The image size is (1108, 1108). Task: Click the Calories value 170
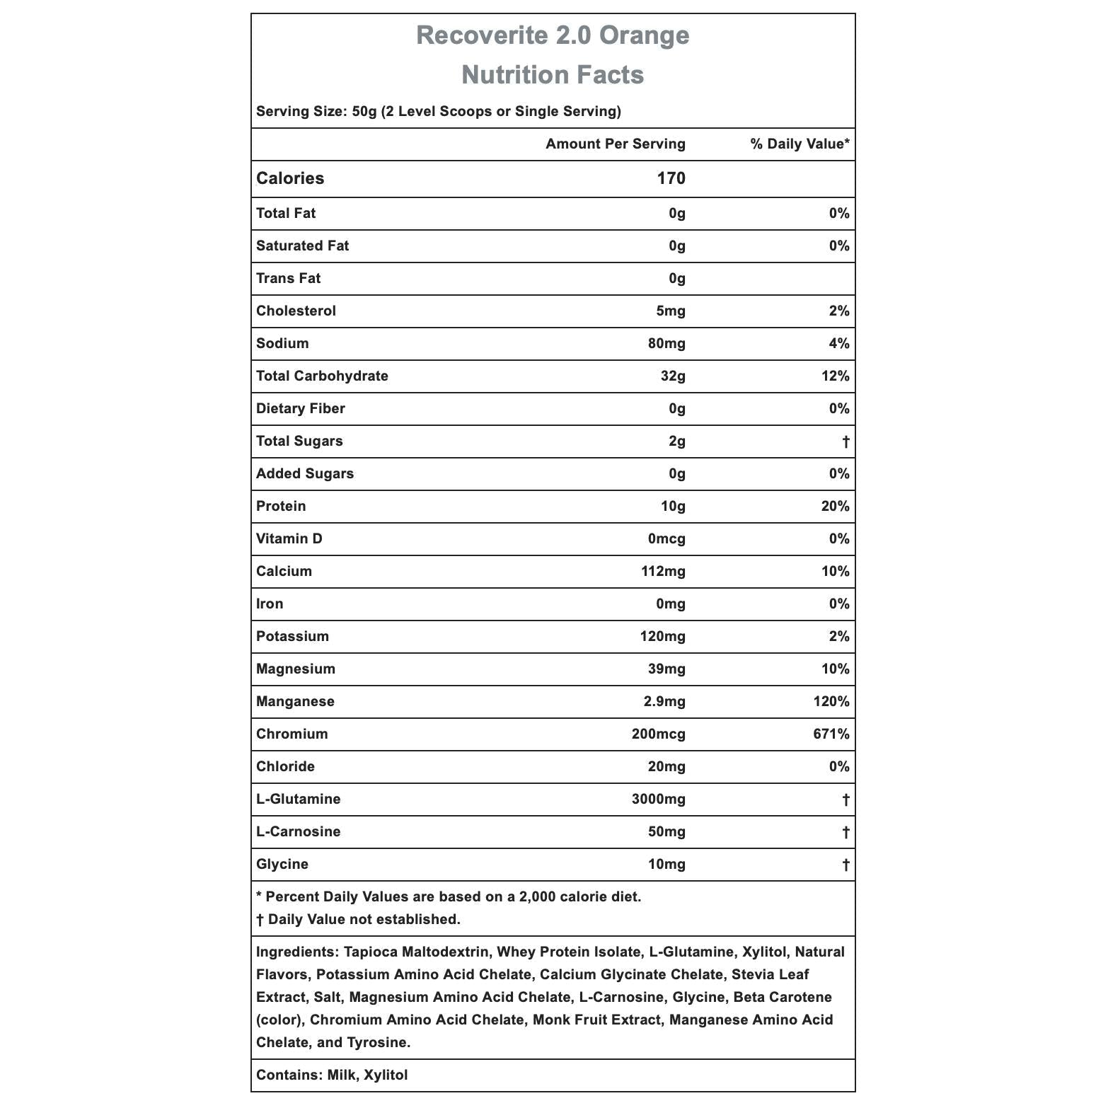[671, 178]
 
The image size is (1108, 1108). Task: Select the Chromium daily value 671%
[831, 734]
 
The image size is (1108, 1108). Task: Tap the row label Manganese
[295, 702]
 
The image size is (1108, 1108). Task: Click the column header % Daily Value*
[800, 144]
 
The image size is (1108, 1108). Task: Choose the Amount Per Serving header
[615, 144]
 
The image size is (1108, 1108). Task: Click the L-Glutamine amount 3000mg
[658, 800]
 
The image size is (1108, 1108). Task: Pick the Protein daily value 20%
[835, 507]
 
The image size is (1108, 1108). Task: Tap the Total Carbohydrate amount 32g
[673, 376]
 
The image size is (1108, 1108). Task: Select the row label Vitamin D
[289, 539]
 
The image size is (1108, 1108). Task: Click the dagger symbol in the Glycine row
[846, 865]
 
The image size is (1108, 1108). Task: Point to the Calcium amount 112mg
[663, 572]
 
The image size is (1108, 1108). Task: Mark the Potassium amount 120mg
[662, 637]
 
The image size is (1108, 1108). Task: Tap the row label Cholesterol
[296, 311]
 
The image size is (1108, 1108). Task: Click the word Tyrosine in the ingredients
[378, 1043]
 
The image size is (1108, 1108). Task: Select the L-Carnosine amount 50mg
[666, 832]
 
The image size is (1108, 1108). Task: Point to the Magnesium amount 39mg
[666, 669]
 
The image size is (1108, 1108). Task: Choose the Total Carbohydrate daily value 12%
[835, 376]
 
